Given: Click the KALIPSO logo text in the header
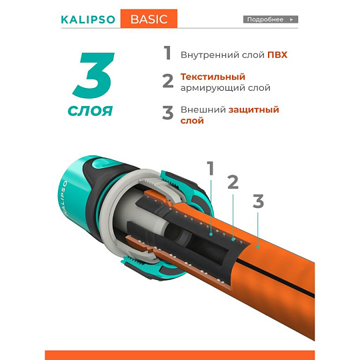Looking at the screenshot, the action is pos(88,19).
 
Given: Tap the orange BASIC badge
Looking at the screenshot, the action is pos(149,19).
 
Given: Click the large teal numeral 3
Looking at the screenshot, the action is pos(94,75).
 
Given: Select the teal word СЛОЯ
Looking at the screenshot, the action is pos(90,111).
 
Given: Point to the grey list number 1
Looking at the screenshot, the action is pos(167,53).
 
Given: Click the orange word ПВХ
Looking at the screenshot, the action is pos(277,55).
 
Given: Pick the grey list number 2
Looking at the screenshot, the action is pos(168,81).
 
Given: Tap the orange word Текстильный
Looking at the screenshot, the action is pos(213,77).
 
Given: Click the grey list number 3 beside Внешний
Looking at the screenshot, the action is pos(167,113).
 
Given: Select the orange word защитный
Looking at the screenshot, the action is pos(254,110).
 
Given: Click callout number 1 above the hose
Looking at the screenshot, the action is pos(211,168).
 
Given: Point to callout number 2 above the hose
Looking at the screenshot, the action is pos(233,182).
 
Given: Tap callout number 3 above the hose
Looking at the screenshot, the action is pos(258,201).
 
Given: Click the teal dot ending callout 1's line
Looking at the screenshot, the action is pos(211,234).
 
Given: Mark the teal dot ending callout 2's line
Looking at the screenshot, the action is pos(233,239).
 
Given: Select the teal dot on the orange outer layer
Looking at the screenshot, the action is pos(258,247).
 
